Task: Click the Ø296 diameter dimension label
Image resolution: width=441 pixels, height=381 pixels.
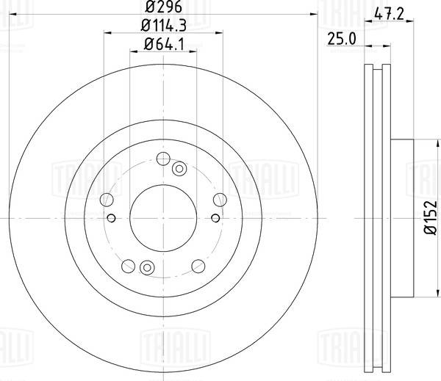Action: click(163, 6)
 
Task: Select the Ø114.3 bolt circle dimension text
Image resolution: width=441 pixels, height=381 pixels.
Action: click(163, 26)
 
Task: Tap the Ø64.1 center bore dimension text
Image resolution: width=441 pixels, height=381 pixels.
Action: click(164, 44)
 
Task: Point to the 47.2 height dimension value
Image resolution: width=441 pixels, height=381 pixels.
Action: click(390, 14)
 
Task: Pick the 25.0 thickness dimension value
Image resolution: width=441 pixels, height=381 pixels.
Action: click(342, 39)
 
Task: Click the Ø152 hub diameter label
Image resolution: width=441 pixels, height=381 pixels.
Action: click(431, 217)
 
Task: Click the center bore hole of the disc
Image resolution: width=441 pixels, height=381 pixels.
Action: click(163, 218)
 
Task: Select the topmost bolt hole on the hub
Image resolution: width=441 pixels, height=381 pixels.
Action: click(163, 159)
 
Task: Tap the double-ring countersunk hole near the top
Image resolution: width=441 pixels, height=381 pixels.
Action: click(179, 169)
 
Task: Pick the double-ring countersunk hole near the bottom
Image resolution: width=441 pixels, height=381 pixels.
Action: click(147, 267)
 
